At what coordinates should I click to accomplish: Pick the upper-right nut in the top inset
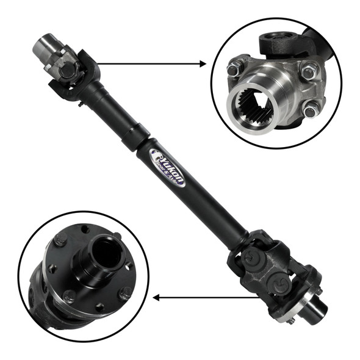(308, 71)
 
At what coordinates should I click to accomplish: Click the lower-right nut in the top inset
(311, 110)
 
